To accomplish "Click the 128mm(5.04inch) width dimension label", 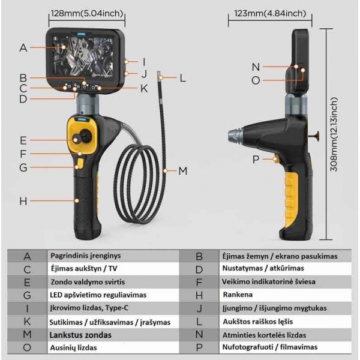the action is tap(87, 13).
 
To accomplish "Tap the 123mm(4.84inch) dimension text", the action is tap(270, 13).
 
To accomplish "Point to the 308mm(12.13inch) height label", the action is tap(334, 134).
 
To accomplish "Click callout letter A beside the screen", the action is tap(23, 48).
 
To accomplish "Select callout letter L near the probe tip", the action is tap(183, 78).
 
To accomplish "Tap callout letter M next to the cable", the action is tap(183, 171).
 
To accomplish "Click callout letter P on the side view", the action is tap(256, 160).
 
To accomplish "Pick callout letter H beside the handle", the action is tap(23, 201).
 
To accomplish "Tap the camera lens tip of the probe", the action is tap(158, 73).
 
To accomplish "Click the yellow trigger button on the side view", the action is tap(276, 158).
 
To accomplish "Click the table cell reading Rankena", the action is tap(238, 295).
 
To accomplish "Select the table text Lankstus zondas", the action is tap(80, 335).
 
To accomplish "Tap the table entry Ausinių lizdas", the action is tap(73, 348).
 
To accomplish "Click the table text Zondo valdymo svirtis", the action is tap(88, 282).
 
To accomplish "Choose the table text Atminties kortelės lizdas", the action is tap(264, 335).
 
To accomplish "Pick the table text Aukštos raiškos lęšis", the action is tap(258, 322).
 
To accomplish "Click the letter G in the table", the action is tap(27, 295).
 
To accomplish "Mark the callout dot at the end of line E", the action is tap(76, 140).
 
